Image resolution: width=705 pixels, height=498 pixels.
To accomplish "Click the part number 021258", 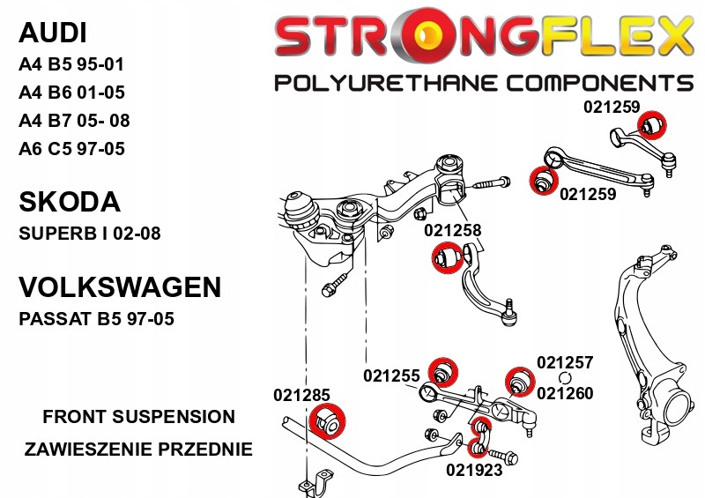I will tap(453, 230).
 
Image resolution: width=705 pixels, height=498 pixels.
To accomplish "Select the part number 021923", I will tap(474, 470).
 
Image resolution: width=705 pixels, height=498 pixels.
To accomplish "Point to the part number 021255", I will tap(391, 375).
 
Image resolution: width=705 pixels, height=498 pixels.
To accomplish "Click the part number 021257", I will tap(565, 362).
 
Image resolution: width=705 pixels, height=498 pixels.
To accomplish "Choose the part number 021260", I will tap(565, 394).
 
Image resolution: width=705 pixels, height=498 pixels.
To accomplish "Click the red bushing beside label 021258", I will tap(447, 258).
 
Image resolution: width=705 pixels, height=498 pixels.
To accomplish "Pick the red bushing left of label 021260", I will tap(519, 381).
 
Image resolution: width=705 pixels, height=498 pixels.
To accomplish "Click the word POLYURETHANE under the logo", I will tap(382, 84).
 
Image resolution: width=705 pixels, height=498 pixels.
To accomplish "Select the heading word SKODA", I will tap(69, 202).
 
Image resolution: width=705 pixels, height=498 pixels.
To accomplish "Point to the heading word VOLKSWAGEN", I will tap(119, 288).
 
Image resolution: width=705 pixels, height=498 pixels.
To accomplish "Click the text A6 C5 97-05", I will tap(71, 149).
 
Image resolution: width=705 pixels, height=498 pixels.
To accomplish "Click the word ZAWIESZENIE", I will tap(89, 450).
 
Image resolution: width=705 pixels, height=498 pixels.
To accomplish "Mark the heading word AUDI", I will tap(53, 33).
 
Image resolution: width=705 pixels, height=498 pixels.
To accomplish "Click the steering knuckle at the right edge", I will tap(652, 353).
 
